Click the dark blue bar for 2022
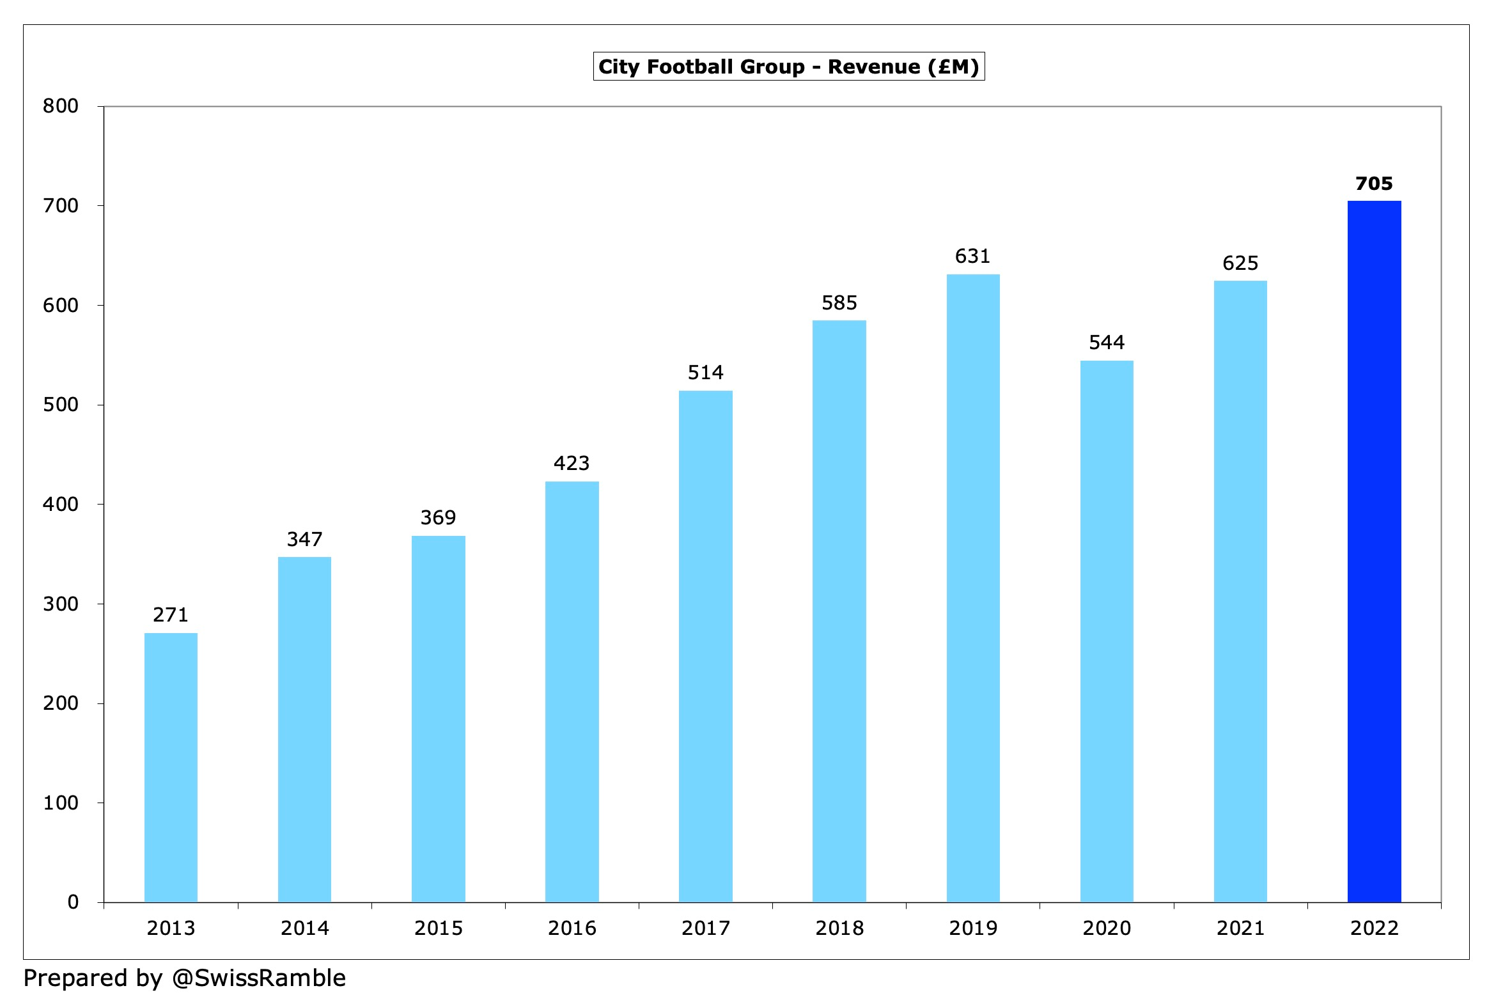[x=1374, y=551]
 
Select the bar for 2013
[x=171, y=767]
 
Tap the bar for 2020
[x=1107, y=631]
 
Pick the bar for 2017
[x=705, y=646]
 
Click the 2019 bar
[x=973, y=588]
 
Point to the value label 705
[x=1374, y=184]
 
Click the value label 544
[x=1107, y=343]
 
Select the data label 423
[x=572, y=463]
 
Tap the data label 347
[x=304, y=539]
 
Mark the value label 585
[x=839, y=302]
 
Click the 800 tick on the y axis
[x=61, y=106]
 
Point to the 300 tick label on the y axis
[x=61, y=604]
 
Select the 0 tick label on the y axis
[x=73, y=902]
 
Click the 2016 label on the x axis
[x=572, y=928]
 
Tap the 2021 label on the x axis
[x=1240, y=928]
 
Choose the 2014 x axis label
[x=304, y=928]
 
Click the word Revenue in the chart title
[x=874, y=67]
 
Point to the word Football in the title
[x=689, y=67]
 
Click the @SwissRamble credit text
[x=259, y=978]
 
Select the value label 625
[x=1240, y=263]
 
